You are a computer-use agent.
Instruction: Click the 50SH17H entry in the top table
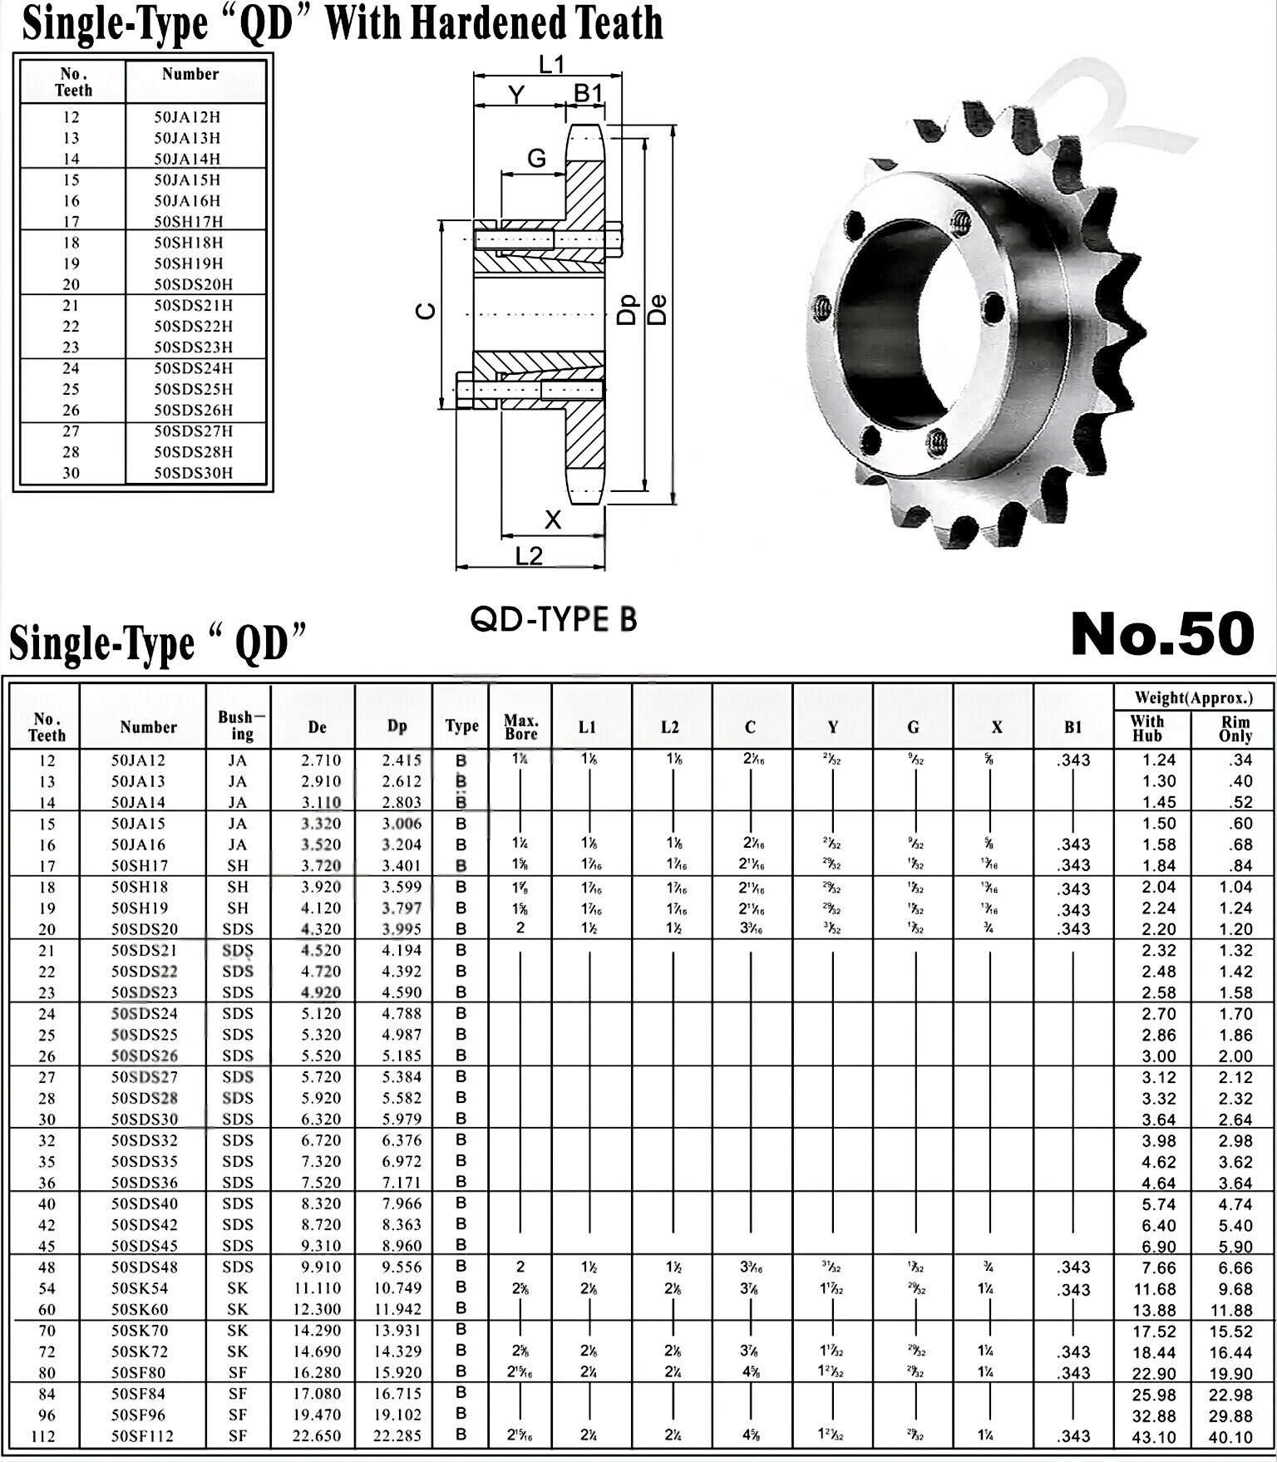pos(187,222)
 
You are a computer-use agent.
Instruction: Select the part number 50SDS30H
pos(193,473)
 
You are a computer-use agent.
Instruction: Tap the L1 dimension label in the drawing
pos(551,65)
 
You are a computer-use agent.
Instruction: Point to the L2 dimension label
pos(529,556)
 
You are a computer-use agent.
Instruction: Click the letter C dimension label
pos(426,312)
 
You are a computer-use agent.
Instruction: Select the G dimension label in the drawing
pos(537,159)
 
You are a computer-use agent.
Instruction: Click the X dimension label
pos(553,520)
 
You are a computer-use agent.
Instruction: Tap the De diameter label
pos(657,311)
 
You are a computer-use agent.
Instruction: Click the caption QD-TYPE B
pos(554,619)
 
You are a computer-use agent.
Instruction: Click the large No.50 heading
pos(1161,634)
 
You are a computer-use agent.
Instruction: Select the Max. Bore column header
pos(521,726)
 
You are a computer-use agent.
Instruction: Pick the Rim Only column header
pos(1235,729)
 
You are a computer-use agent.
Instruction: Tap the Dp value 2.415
pos(402,760)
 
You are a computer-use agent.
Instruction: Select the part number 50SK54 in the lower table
pos(140,1288)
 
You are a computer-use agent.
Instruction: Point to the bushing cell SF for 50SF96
pos(238,1415)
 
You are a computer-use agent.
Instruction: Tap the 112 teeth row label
pos(47,1436)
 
